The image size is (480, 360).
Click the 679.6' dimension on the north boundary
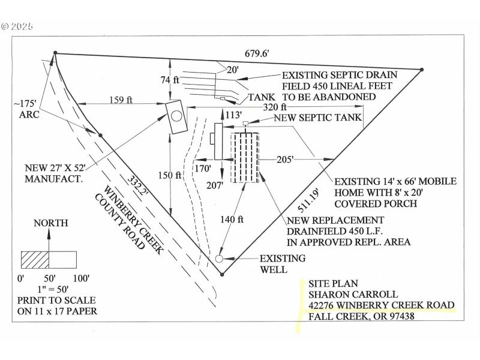(257, 53)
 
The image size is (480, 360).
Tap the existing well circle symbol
(219, 258)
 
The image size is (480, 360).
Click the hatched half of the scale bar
(35, 259)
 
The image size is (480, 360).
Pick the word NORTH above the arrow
(50, 223)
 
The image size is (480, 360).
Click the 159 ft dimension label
(121, 100)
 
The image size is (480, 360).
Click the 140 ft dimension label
(233, 220)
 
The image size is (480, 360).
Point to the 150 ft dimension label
(170, 175)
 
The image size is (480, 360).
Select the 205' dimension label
(285, 160)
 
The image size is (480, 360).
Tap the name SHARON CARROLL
(344, 294)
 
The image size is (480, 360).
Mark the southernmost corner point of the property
(222, 275)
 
